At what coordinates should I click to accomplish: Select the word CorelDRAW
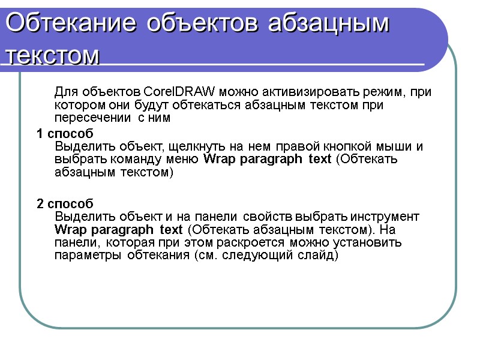[181, 92]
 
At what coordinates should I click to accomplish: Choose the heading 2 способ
[65, 204]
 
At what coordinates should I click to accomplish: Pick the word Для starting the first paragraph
[65, 92]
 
